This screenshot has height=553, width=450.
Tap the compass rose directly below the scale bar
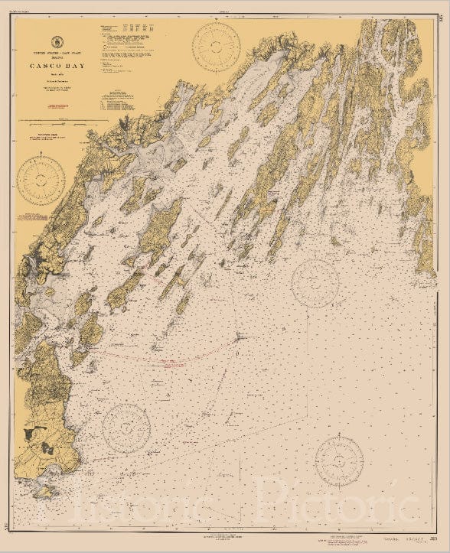41,180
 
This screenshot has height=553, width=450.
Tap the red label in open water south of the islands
168,359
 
